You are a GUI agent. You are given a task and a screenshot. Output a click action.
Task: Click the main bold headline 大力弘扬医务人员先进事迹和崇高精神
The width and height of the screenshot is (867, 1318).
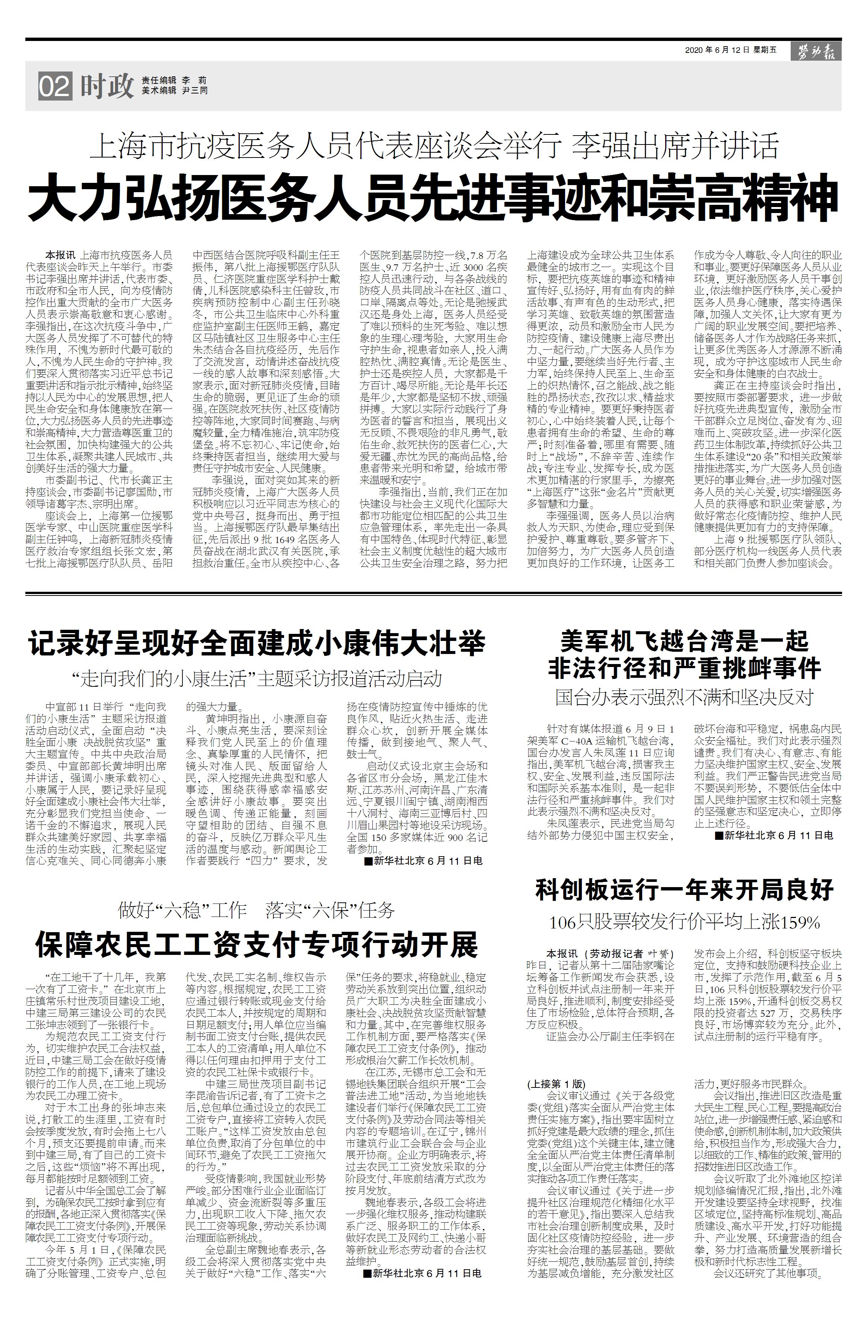(433, 197)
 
